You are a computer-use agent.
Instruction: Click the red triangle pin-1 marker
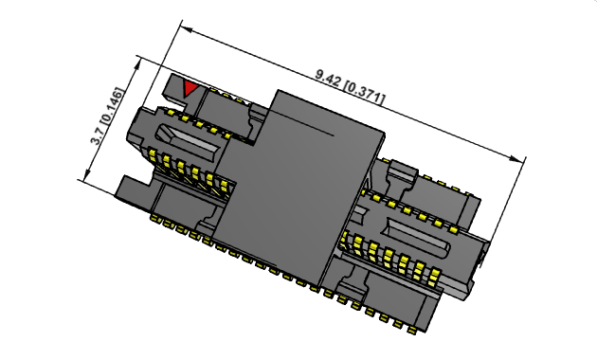(190, 88)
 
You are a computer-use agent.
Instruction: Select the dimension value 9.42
(328, 75)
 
